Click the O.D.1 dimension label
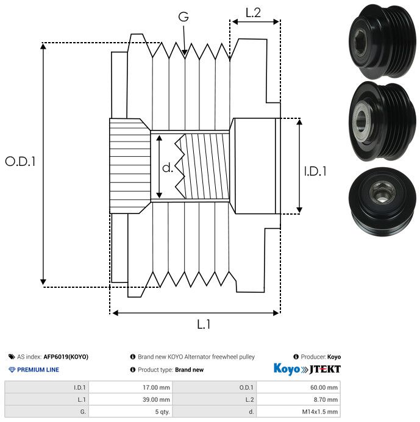(x=21, y=162)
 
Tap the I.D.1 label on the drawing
(x=315, y=171)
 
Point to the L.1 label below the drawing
(x=204, y=324)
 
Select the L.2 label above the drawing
(x=253, y=13)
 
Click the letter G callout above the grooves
(x=183, y=17)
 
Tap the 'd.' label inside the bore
(x=168, y=168)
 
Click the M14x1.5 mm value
(x=319, y=412)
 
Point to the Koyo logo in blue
(x=287, y=369)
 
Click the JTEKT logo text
(x=325, y=370)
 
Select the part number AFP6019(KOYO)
(x=66, y=357)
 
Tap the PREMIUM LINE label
(x=38, y=370)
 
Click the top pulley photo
(x=382, y=41)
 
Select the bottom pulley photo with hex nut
(x=382, y=202)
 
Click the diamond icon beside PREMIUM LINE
(x=12, y=370)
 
